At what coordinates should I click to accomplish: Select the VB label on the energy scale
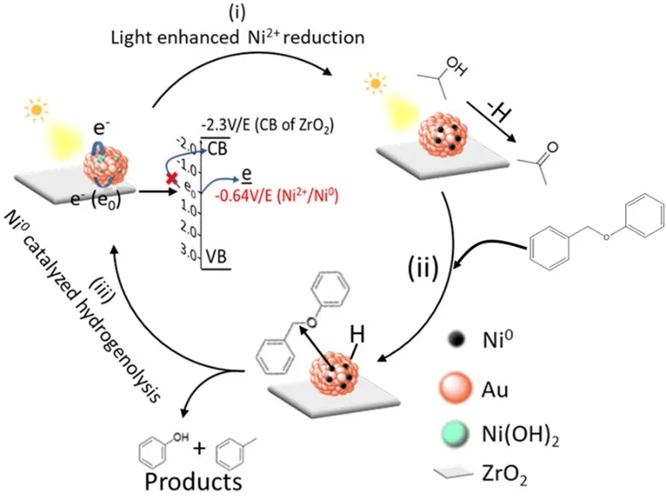click(216, 256)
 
